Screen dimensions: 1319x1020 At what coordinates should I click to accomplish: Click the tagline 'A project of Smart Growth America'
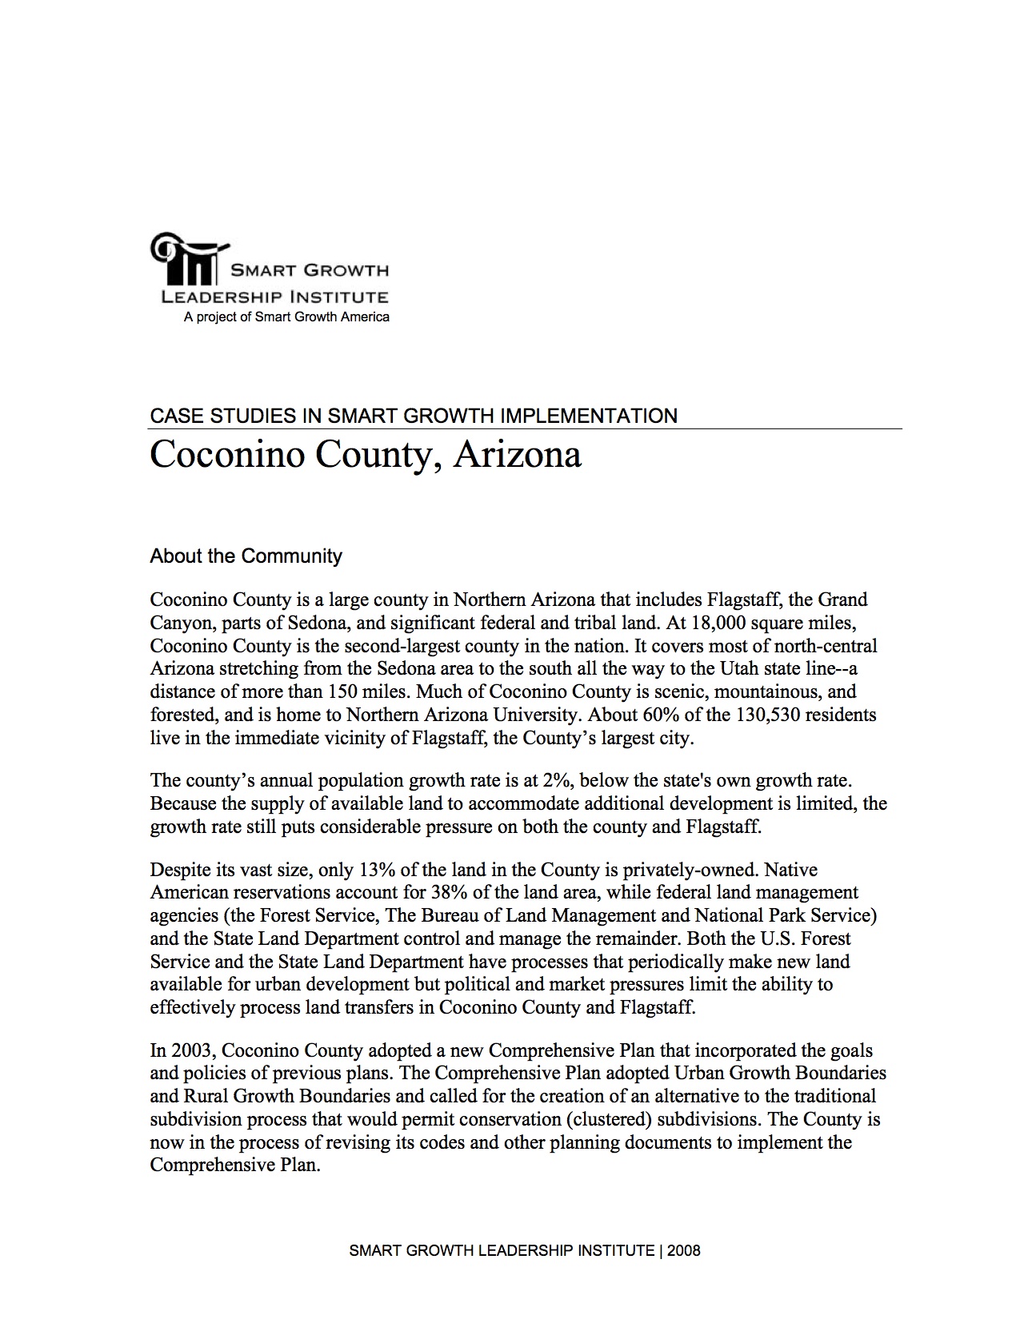point(286,317)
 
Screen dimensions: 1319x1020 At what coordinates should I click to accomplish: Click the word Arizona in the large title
point(518,456)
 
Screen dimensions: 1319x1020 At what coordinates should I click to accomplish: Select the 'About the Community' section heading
point(246,556)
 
